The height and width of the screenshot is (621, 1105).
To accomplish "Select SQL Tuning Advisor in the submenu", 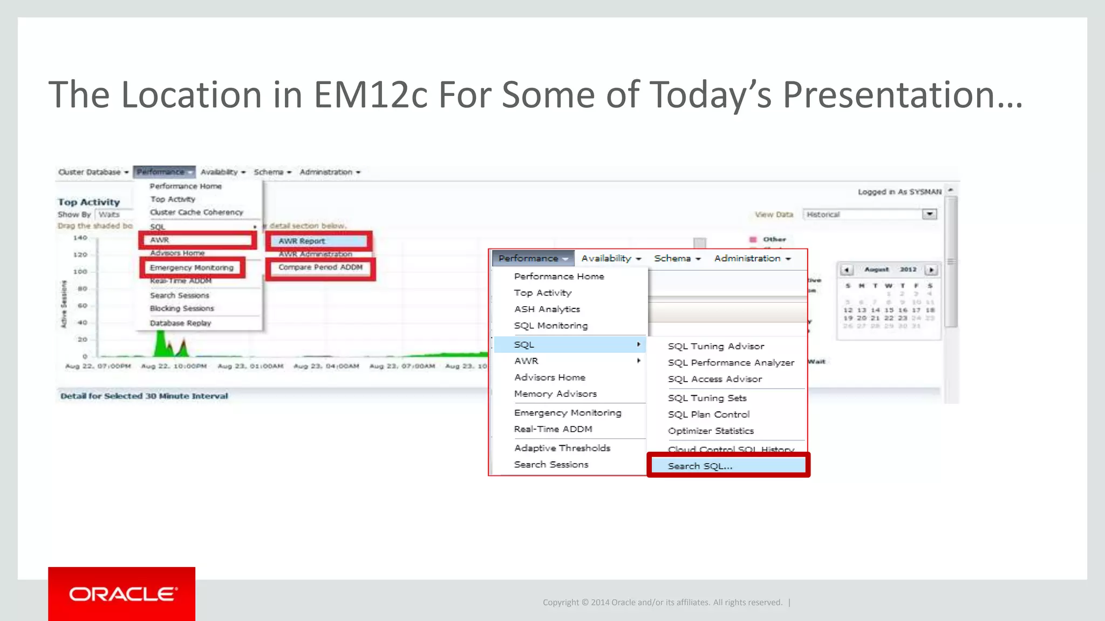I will point(716,346).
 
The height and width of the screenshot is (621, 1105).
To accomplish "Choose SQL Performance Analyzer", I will point(731,363).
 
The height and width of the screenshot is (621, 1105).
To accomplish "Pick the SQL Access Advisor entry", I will point(715,379).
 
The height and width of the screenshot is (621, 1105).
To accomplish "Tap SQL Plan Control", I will point(708,414).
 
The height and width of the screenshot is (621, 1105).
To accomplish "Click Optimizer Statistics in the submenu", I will point(711,431).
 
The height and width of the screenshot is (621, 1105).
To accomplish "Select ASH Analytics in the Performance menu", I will point(547,309).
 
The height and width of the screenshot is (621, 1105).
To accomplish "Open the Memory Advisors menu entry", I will point(555,394).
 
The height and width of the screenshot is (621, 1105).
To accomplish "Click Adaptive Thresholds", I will point(562,448).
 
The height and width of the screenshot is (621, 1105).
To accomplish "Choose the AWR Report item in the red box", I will point(302,241).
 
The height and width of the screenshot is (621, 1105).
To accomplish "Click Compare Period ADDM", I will point(320,267).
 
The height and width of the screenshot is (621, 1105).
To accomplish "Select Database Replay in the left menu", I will point(180,323).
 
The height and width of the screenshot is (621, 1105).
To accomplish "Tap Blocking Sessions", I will point(182,308).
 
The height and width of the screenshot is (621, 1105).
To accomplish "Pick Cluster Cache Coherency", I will point(196,212).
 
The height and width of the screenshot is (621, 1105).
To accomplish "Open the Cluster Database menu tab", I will point(93,172).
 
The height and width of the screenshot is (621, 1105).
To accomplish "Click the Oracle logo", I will point(122,594).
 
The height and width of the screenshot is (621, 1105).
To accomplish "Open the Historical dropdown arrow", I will point(929,214).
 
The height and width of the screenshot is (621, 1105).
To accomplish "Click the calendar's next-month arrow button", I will point(931,270).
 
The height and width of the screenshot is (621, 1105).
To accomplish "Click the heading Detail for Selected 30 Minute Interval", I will point(144,396).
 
